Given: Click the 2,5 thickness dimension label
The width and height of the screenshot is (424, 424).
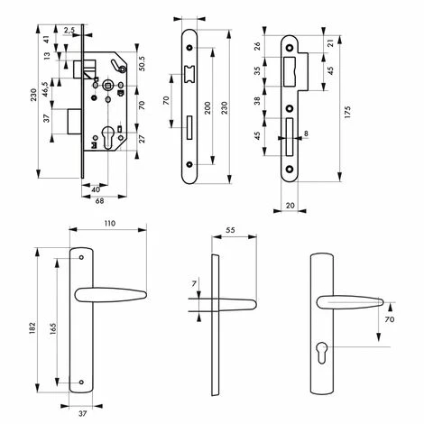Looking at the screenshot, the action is pyautogui.click(x=69, y=30).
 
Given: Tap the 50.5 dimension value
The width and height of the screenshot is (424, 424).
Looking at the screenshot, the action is pyautogui.click(x=142, y=64).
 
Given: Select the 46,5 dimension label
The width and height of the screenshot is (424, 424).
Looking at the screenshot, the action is pyautogui.click(x=45, y=89).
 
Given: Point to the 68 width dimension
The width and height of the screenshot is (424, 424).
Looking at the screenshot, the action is pyautogui.click(x=99, y=201).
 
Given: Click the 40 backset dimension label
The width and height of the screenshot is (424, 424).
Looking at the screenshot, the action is pyautogui.click(x=96, y=189).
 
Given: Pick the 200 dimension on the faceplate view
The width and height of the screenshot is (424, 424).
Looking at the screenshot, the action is pyautogui.click(x=207, y=108).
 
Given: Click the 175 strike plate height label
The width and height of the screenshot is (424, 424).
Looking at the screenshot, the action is pyautogui.click(x=347, y=112).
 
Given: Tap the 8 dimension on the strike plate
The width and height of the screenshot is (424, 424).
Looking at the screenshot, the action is pyautogui.click(x=306, y=134).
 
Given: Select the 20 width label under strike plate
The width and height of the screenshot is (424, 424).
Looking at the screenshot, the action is pyautogui.click(x=290, y=206).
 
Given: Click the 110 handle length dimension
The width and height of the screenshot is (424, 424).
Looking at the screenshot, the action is pyautogui.click(x=110, y=224).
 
